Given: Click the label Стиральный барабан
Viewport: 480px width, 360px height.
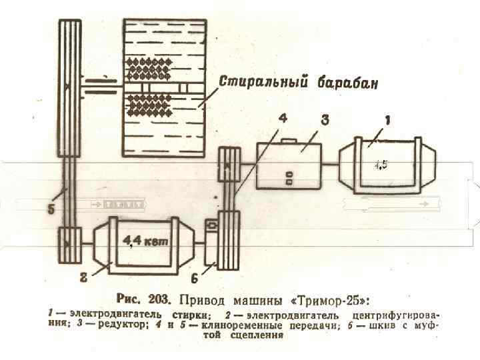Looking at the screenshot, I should click(x=299, y=83).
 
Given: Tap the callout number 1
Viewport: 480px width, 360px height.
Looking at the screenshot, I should click(x=387, y=121).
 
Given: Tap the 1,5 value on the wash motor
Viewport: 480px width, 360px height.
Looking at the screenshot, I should click(x=379, y=165).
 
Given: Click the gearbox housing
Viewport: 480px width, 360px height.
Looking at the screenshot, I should click(x=288, y=167).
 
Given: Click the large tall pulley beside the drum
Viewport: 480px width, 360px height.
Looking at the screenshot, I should click(x=68, y=87).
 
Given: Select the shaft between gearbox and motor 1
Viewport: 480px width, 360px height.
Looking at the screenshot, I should click(x=330, y=164).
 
